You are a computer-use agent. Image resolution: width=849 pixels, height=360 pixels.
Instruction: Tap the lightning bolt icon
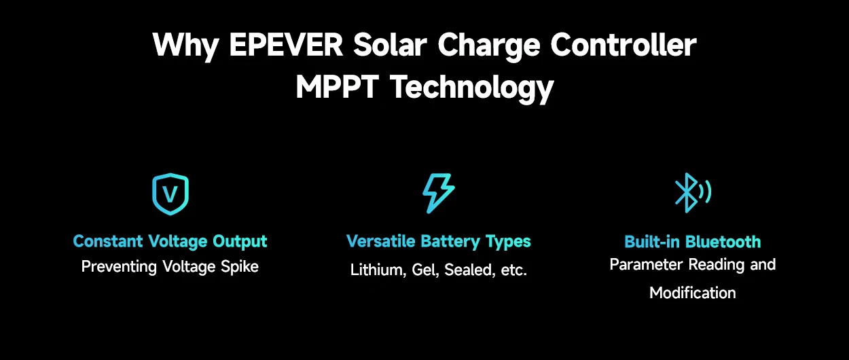[x=438, y=194]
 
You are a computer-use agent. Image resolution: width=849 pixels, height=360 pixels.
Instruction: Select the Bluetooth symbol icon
[x=691, y=194]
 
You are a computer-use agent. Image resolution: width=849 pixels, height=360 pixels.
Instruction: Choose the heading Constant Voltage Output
[x=170, y=241]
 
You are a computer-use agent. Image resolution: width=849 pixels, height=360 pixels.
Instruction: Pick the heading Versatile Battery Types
[x=438, y=241]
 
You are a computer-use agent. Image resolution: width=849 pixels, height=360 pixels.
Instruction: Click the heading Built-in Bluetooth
[x=692, y=242]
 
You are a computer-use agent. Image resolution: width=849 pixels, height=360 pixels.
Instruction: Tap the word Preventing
[x=120, y=266]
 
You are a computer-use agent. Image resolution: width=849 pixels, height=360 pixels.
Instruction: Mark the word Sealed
[x=468, y=270]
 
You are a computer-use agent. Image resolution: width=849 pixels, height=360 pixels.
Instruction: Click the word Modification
[x=692, y=293]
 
